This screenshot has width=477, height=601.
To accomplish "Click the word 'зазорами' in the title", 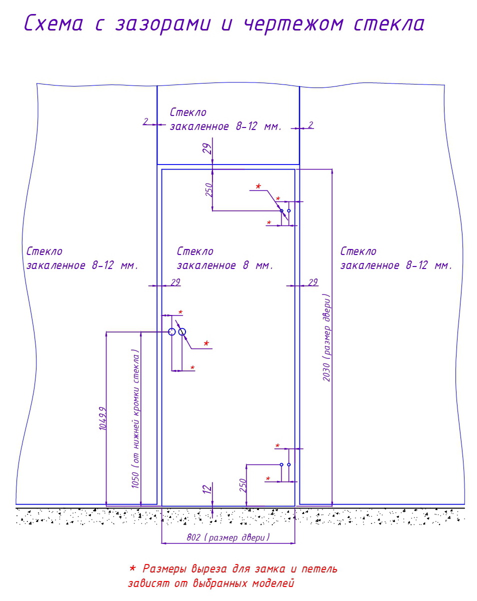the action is pyautogui.click(x=162, y=24).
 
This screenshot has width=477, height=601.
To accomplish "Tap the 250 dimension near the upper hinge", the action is pyautogui.click(x=209, y=189).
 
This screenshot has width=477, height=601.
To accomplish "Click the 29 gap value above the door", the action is pyautogui.click(x=207, y=149).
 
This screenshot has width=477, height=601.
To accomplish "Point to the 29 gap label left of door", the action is pyautogui.click(x=175, y=282).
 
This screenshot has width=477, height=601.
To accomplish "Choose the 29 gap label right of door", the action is pyautogui.click(x=313, y=282).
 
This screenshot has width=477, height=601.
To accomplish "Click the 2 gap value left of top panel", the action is pyautogui.click(x=145, y=121).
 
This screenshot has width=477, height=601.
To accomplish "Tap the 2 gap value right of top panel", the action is pyautogui.click(x=310, y=125).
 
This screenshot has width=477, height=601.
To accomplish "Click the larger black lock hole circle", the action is pyautogui.click(x=182, y=332).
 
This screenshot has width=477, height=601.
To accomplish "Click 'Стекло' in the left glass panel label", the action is pyautogui.click(x=44, y=251).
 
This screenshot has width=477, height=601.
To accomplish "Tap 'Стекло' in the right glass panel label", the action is pyautogui.click(x=358, y=251).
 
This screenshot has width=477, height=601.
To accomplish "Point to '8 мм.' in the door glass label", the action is pyautogui.click(x=257, y=265).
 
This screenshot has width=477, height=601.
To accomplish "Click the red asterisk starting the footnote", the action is pyautogui.click(x=132, y=568).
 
